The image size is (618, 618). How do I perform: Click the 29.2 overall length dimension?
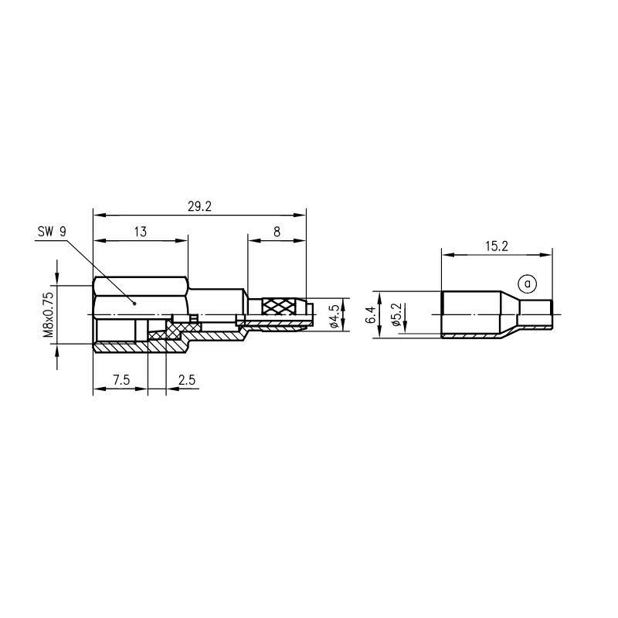(x=199, y=206)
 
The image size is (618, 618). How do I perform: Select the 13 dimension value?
(x=141, y=232)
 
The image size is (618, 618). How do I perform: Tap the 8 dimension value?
(x=277, y=232)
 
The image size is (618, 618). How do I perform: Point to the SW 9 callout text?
(x=52, y=232)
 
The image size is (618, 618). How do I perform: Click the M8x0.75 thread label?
(x=48, y=314)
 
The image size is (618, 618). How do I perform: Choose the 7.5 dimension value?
(x=121, y=380)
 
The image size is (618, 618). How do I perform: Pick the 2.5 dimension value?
(x=187, y=380)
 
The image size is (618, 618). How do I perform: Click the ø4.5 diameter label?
(x=334, y=316)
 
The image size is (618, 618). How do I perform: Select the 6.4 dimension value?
(x=371, y=315)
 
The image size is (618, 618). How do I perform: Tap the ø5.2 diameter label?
(x=396, y=314)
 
